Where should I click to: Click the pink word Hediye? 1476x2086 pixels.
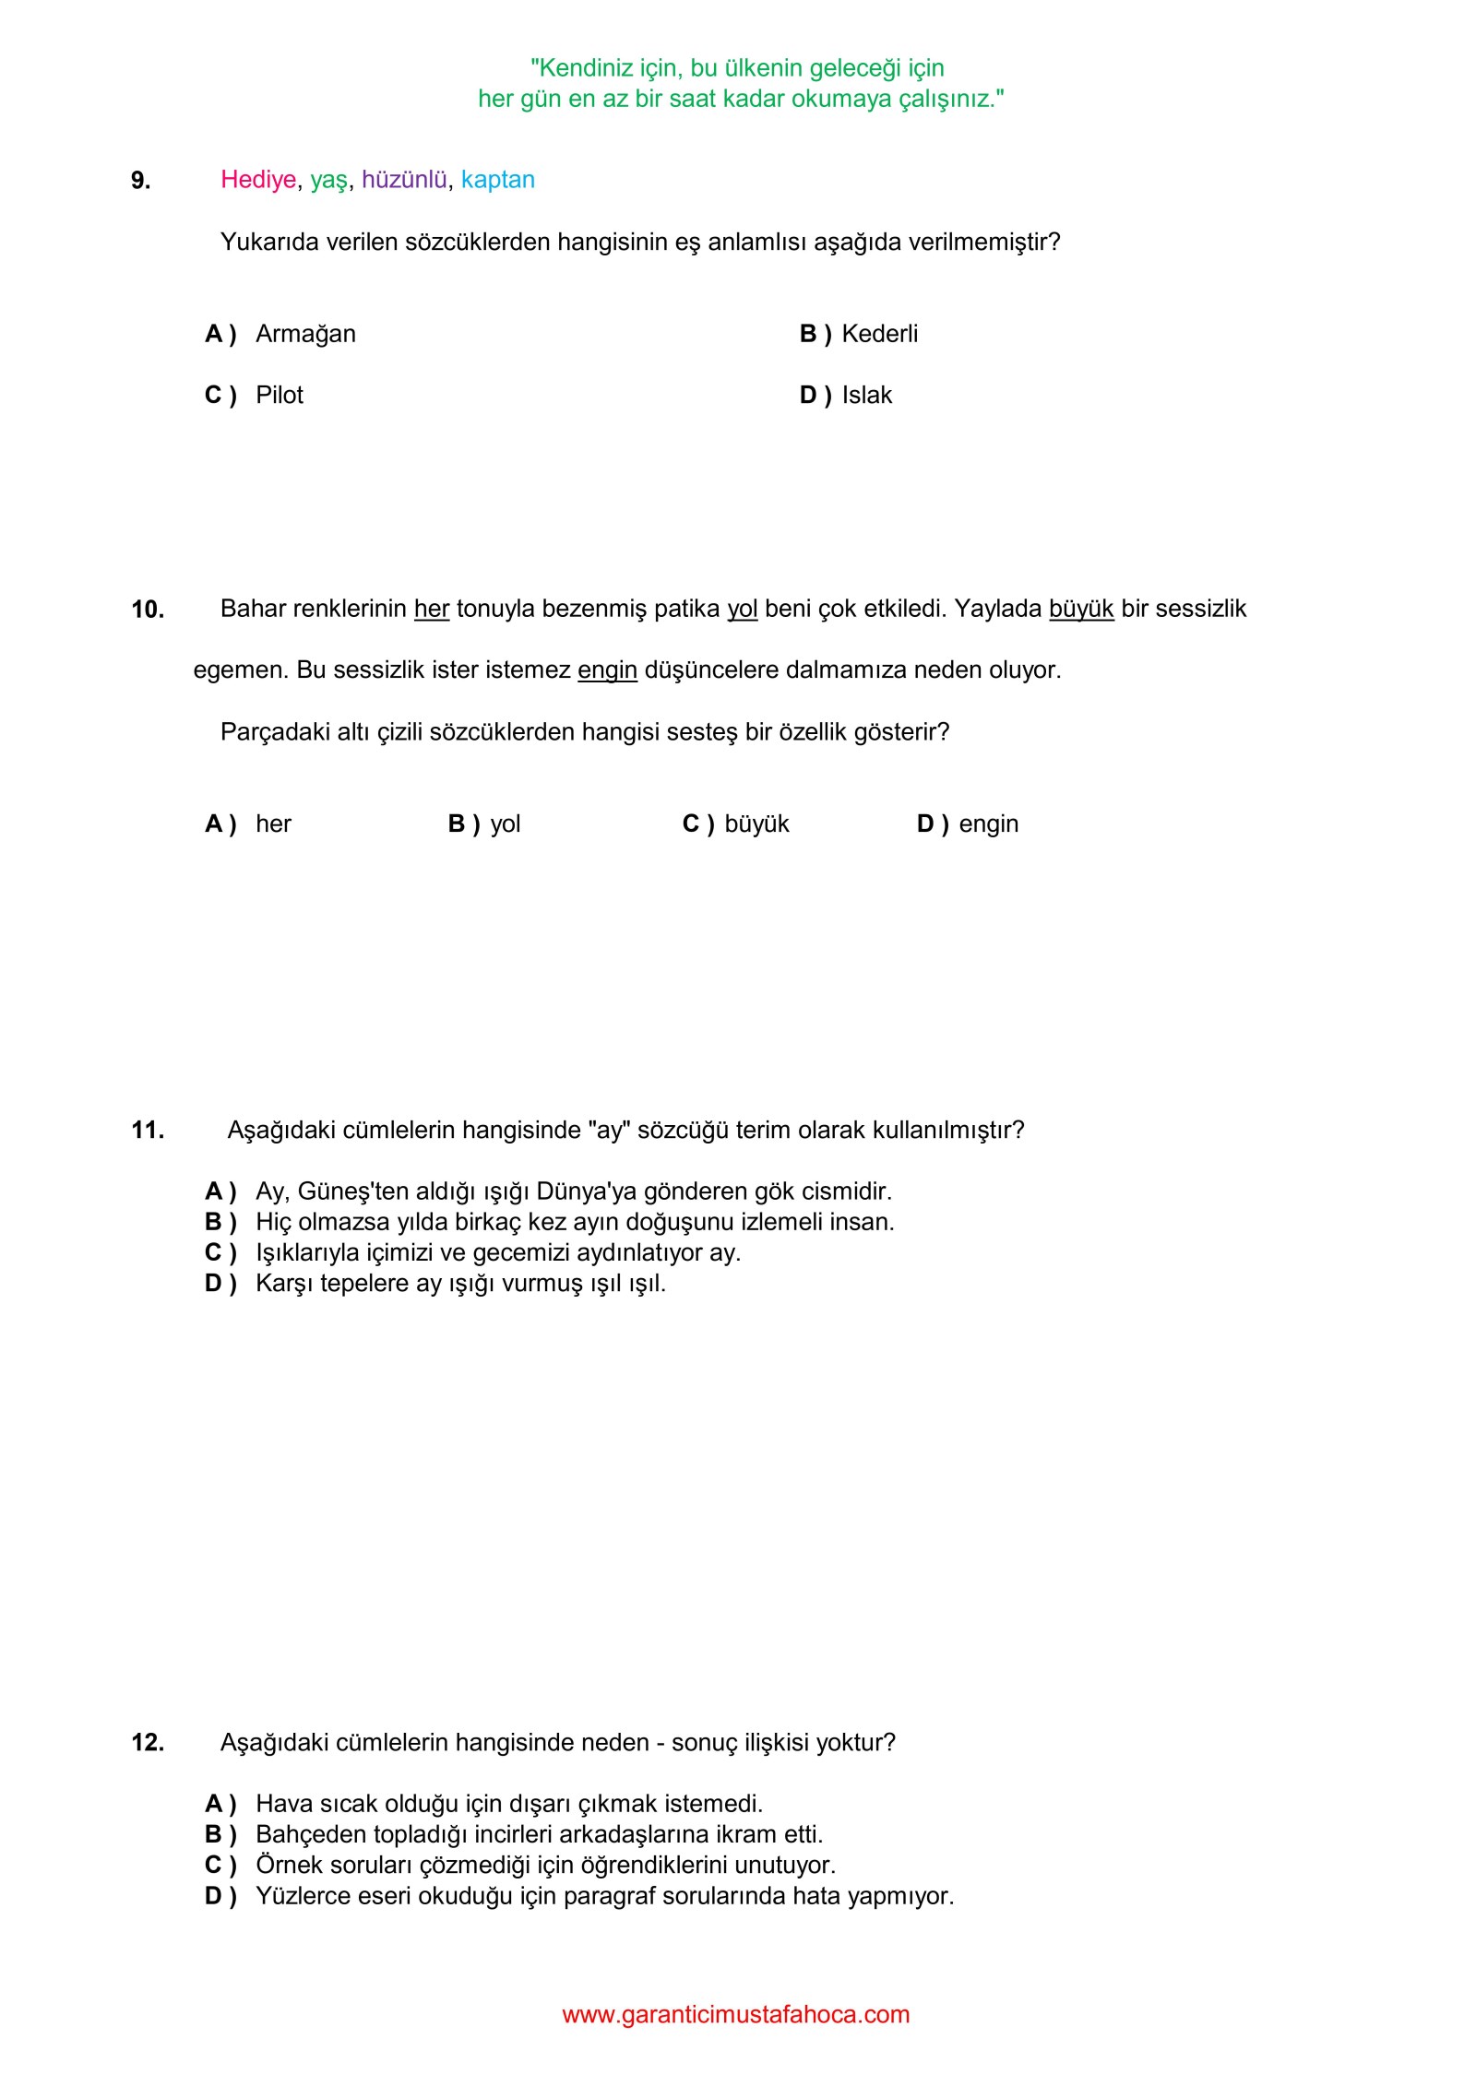258,180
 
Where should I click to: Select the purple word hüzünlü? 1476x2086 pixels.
404,180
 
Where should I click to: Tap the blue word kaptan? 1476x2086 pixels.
498,180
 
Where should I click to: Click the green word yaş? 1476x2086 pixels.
328,181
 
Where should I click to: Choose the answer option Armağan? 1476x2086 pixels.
305,334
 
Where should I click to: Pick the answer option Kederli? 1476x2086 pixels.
879,334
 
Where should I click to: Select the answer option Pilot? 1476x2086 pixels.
280,396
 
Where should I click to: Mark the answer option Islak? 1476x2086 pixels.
866,396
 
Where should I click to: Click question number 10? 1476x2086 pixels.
148,610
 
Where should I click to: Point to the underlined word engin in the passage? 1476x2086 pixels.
607,670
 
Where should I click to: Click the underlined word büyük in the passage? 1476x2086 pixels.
1081,610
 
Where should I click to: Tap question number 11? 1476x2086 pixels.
148,1131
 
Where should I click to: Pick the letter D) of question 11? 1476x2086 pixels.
220,1284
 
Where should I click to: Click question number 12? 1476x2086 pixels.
148,1743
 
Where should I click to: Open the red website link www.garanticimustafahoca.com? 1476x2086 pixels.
736,2015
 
